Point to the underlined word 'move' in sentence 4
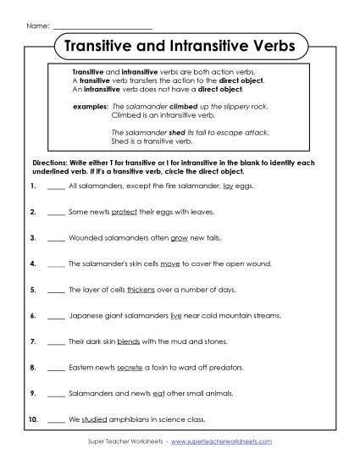pyautogui.click(x=172, y=264)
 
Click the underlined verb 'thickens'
pyautogui.click(x=141, y=290)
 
